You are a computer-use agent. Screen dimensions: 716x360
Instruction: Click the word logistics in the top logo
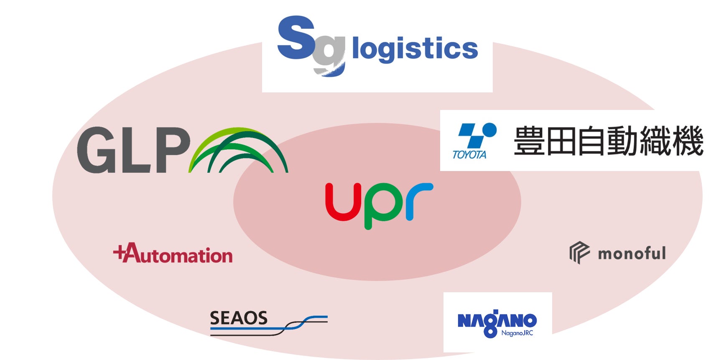point(415,49)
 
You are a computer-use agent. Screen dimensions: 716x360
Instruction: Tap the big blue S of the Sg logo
point(296,38)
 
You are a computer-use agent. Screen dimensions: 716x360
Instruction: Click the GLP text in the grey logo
point(134,150)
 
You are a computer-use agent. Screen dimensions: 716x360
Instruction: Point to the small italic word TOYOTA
point(469,155)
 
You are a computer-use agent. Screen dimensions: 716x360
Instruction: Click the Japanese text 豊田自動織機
point(609,140)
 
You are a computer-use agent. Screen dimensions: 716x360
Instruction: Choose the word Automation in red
point(178,254)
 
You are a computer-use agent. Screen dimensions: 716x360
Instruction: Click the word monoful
point(632,253)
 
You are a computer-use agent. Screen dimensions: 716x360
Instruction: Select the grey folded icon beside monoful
point(579,253)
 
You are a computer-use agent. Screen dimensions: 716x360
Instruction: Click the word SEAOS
point(238,318)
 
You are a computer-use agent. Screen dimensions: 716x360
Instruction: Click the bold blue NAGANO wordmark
point(497,321)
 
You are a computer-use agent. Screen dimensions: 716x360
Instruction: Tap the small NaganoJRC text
point(517,333)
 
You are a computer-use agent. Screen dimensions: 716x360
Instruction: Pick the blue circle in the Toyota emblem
point(489,130)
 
